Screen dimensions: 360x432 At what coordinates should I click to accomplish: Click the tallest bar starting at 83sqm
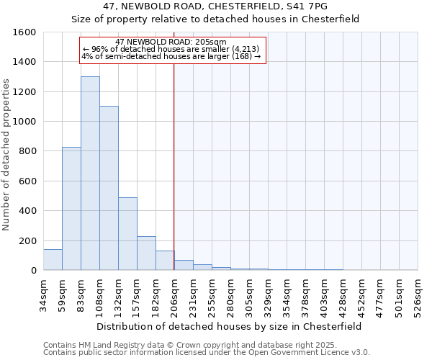(x=90, y=173)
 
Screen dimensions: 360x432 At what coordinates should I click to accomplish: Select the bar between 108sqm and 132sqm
(x=109, y=188)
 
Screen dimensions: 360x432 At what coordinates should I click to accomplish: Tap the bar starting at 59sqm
(x=71, y=209)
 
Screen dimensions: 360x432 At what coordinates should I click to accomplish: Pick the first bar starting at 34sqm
(x=53, y=260)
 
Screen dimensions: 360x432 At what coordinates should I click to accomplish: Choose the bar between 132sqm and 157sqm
(x=127, y=234)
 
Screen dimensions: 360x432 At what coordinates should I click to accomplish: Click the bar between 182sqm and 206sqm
(x=165, y=261)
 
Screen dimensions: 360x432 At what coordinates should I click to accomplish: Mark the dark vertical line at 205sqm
(x=174, y=166)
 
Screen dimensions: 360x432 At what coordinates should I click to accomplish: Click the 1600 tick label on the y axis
(x=24, y=32)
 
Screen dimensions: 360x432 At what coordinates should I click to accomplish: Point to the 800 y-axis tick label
(x=27, y=151)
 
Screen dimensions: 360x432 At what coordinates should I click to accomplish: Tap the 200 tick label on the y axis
(x=27, y=240)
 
